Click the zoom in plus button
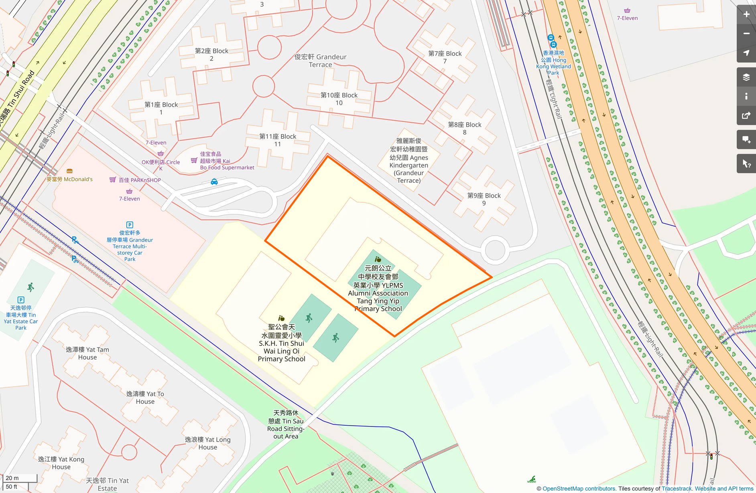[746, 14]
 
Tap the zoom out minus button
[746, 34]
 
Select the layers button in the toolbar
[746, 77]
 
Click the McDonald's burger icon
[69, 171]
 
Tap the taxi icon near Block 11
[214, 182]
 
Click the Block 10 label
[339, 99]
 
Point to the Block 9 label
[484, 199]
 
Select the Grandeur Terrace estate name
[320, 61]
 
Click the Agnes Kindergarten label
[408, 161]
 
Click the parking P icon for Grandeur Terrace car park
[130, 225]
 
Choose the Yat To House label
[145, 398]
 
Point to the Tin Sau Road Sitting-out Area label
[286, 424]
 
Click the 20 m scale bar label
[12, 478]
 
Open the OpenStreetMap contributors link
[579, 489]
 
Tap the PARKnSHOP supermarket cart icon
[113, 180]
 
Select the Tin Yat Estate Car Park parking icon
[21, 300]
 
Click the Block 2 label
[211, 55]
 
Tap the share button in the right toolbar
[746, 115]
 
